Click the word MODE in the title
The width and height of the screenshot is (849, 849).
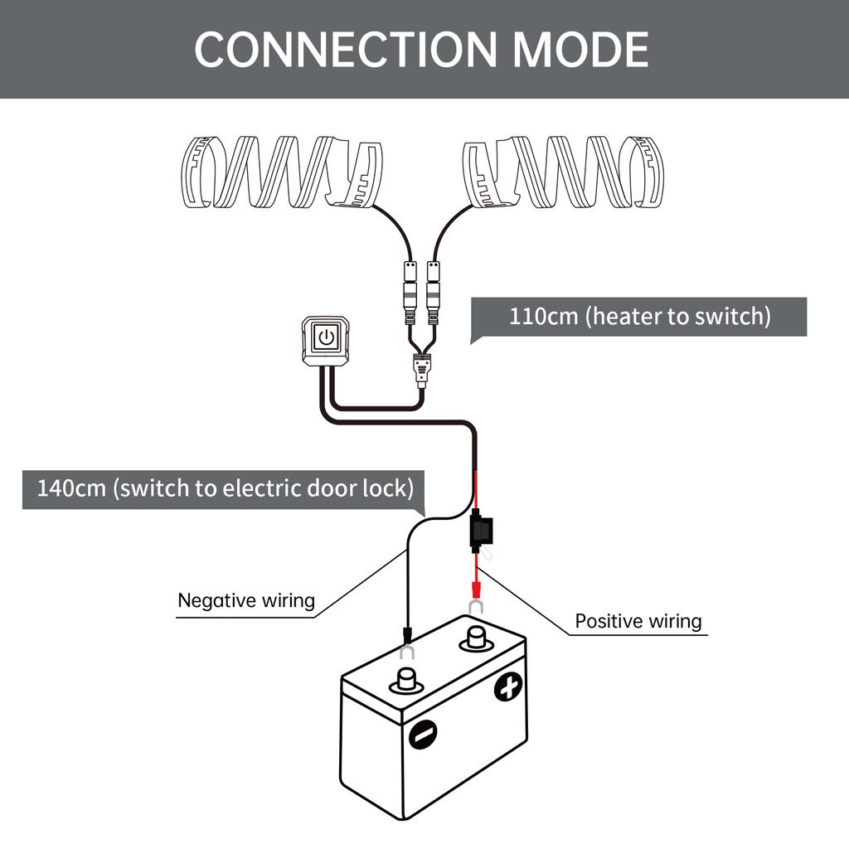click(580, 49)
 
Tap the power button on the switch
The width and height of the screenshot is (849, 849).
click(327, 338)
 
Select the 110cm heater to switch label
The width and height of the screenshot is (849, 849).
click(638, 317)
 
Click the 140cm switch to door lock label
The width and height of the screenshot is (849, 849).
click(225, 487)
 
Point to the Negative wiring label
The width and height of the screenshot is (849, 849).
click(246, 599)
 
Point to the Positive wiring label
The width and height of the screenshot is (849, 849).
click(638, 621)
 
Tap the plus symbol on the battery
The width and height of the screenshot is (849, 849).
click(508, 687)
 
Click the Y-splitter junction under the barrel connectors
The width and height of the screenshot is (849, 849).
click(421, 365)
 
